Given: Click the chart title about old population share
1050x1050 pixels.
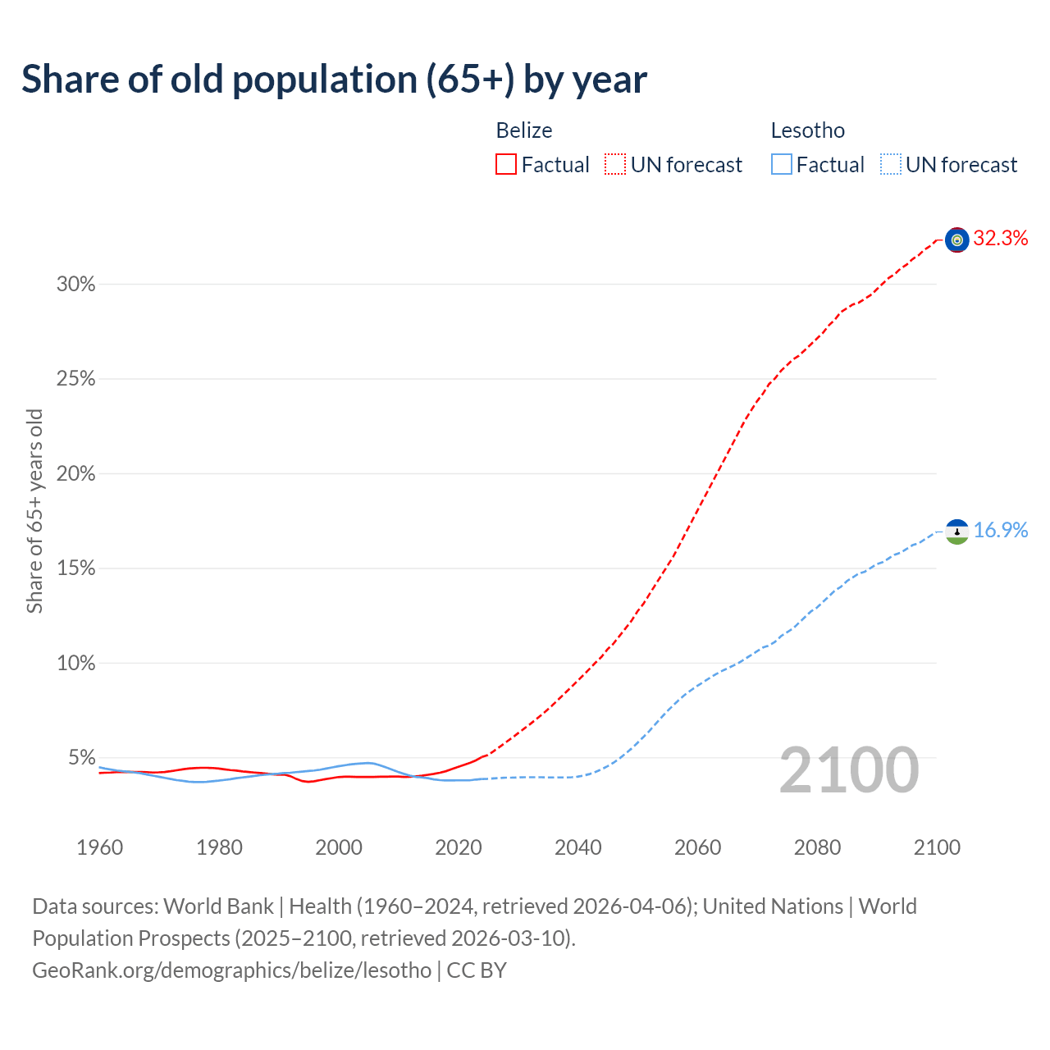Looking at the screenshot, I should (x=335, y=80).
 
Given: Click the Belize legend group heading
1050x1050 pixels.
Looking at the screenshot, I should (x=524, y=130).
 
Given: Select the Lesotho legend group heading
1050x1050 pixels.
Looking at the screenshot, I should (x=808, y=130).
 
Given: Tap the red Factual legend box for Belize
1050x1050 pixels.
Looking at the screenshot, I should (x=506, y=165).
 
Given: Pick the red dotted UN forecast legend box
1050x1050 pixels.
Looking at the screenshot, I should (x=615, y=165).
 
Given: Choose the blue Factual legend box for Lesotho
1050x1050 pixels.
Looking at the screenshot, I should (x=782, y=165).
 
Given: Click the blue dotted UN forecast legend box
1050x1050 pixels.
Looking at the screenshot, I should (x=891, y=165).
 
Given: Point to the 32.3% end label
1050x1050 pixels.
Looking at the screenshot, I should (x=1001, y=239).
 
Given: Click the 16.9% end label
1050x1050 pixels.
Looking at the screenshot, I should (x=1001, y=531).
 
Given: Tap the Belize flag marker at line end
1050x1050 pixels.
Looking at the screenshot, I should (x=956, y=240).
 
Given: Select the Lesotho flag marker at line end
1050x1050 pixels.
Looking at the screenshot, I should (x=956, y=532).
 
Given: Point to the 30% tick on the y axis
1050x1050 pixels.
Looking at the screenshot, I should (x=75, y=285).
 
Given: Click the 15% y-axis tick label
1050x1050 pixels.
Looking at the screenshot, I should (x=75, y=568).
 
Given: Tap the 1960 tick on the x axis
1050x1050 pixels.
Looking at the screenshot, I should (x=99, y=847).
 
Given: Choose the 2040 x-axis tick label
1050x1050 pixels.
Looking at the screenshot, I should (x=577, y=847).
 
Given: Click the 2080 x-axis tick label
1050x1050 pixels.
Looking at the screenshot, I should (x=817, y=847).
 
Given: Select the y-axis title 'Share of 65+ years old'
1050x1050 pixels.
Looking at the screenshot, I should (x=34, y=511).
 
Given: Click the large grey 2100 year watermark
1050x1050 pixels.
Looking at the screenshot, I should (x=849, y=770).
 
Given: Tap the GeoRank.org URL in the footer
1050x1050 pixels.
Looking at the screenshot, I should (x=231, y=970).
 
